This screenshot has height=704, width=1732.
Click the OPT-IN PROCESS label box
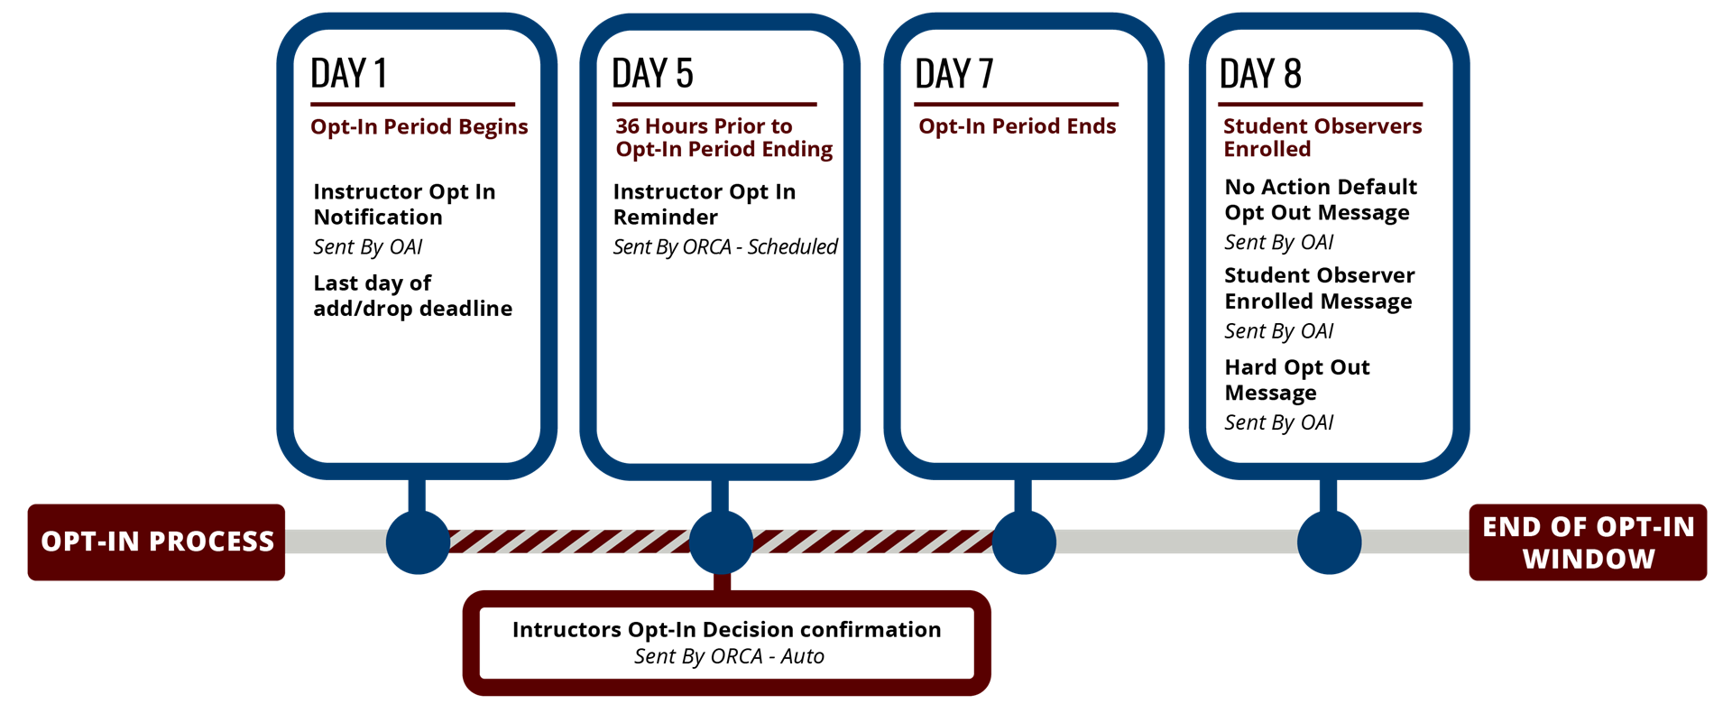point(156,542)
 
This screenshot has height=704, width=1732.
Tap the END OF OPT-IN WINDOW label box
point(1588,542)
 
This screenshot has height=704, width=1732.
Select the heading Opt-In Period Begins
point(419,127)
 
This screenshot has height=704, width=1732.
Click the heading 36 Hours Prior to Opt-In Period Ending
point(723,138)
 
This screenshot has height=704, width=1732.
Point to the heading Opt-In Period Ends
point(1017,127)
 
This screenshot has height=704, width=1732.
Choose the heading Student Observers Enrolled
point(1322,138)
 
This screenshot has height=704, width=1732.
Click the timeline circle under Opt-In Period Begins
point(418,542)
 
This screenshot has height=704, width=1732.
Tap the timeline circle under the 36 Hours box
point(721,542)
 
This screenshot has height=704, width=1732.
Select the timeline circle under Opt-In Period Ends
point(1024,542)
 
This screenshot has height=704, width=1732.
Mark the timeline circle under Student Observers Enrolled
point(1329,542)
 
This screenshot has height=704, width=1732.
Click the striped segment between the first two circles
point(568,542)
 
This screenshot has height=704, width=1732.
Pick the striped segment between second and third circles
point(872,542)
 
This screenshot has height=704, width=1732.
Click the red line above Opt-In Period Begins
point(412,105)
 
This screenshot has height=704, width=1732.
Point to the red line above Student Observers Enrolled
point(1320,105)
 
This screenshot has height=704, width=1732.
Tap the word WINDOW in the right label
point(1589,559)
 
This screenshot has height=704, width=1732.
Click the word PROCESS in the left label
point(211,542)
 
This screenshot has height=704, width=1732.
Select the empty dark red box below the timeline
point(726,643)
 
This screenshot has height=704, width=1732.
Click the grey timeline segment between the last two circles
point(1176,542)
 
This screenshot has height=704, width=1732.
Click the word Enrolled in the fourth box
point(1267,150)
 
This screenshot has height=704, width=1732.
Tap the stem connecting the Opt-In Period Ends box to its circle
point(1023,496)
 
